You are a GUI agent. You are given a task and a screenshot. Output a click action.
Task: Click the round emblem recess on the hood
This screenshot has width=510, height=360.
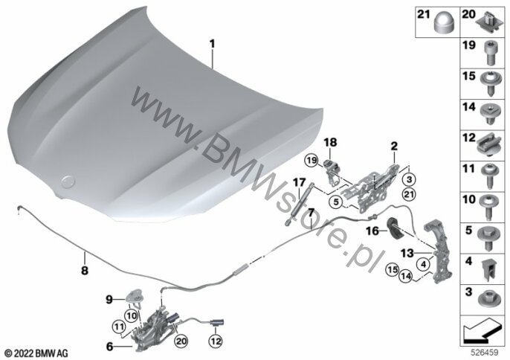pos(68,181)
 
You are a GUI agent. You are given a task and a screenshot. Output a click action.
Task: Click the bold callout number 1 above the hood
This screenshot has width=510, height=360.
pos(212,44)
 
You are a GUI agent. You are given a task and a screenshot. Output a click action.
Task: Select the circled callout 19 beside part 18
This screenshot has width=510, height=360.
pos(312,161)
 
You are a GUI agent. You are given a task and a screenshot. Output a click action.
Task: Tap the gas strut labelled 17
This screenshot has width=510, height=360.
pos(300,204)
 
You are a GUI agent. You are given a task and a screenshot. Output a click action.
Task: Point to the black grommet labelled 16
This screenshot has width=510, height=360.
pos(395,228)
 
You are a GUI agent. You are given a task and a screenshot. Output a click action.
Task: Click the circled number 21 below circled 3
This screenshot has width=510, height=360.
pos(409,194)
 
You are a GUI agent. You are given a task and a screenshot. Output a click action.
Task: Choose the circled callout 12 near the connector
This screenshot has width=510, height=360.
pos(216,341)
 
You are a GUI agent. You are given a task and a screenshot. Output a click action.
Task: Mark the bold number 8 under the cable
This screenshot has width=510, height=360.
pos(85,270)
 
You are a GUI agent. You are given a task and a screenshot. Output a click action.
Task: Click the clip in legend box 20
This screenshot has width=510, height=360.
pos(487,21)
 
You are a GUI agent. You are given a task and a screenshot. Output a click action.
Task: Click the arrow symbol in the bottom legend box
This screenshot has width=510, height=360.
pos(482,330)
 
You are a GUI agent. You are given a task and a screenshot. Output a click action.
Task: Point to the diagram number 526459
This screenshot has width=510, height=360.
pos(485,352)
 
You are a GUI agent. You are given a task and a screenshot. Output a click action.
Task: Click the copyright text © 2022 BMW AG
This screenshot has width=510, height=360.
pos(36,353)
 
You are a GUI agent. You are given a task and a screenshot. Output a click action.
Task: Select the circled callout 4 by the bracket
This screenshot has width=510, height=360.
pos(423,265)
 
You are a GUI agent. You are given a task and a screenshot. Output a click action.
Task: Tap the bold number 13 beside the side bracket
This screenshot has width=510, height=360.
pos(407,253)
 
